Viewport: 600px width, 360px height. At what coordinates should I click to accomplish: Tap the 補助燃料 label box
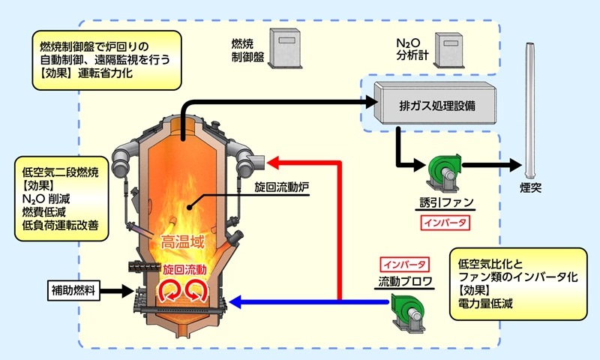point(73,290)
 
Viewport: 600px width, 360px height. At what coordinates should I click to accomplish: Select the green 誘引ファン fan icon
point(444,172)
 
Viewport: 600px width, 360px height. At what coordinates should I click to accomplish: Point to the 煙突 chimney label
point(531,187)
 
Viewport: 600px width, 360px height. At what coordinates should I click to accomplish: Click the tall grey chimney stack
point(530,110)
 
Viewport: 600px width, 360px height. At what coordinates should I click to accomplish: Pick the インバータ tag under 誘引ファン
point(445,223)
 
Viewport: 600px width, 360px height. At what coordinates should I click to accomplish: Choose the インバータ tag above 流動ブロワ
point(404,264)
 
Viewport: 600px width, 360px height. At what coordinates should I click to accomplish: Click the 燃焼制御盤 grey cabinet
point(285,48)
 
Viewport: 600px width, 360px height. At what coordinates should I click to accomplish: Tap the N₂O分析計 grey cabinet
point(449,50)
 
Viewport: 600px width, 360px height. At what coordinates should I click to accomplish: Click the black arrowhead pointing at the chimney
point(515,165)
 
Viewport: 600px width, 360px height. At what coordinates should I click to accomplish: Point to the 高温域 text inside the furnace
point(182,241)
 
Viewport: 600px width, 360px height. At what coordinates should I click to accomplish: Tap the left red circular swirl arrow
point(168,290)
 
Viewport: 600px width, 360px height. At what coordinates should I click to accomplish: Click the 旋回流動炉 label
point(282,187)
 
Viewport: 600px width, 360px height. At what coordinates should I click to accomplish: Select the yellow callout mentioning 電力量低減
point(518,283)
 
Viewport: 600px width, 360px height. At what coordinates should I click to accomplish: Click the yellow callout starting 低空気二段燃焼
point(61,199)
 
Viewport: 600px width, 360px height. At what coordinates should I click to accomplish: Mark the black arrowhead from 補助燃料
point(127,291)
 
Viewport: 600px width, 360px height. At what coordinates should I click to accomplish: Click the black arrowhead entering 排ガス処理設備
point(370,102)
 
